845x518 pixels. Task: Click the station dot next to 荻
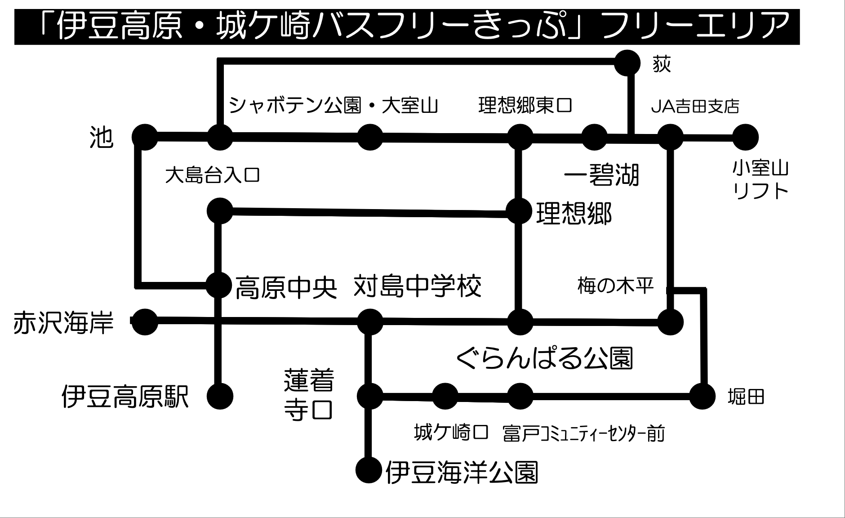tap(627, 63)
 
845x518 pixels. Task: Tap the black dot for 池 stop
tap(145, 137)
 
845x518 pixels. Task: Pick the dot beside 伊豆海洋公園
tap(369, 470)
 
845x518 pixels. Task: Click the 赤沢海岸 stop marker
tap(145, 322)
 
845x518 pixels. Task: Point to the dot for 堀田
tap(702, 396)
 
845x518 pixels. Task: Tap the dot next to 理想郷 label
tap(519, 211)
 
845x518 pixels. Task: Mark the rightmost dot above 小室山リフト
tap(745, 137)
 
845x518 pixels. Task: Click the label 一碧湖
tap(601, 175)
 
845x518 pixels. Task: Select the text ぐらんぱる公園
tap(544, 358)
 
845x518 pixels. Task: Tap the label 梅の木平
tap(615, 286)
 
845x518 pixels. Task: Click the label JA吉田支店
tap(695, 107)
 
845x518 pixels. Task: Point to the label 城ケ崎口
tap(451, 433)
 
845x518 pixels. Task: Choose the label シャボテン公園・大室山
tap(333, 106)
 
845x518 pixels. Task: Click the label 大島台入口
tap(212, 175)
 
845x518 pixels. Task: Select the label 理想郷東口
tap(525, 106)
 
